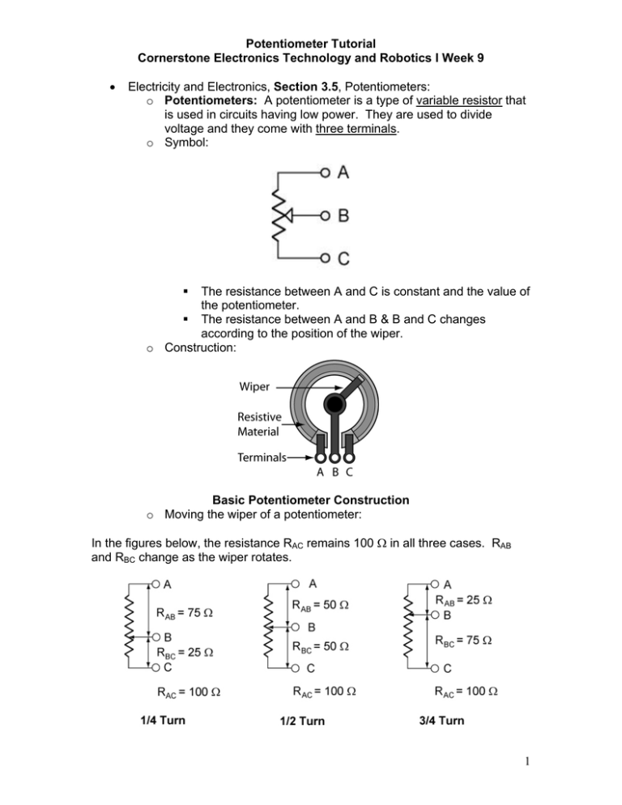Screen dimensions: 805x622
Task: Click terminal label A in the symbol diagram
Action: (343, 172)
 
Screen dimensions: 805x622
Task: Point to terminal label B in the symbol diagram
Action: (343, 216)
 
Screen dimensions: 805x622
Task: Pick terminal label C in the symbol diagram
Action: (343, 259)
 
